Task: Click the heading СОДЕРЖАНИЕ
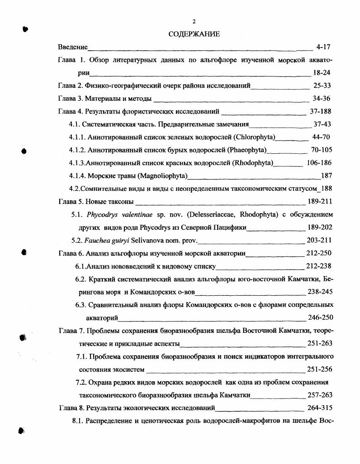click(194, 34)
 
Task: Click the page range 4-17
click(324, 47)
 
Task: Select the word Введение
click(73, 47)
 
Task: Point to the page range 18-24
click(322, 72)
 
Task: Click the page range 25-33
click(322, 85)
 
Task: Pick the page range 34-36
click(322, 99)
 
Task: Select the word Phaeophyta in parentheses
click(248, 150)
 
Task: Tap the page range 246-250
click(320, 317)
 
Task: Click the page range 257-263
click(320, 395)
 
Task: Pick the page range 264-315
click(320, 407)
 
